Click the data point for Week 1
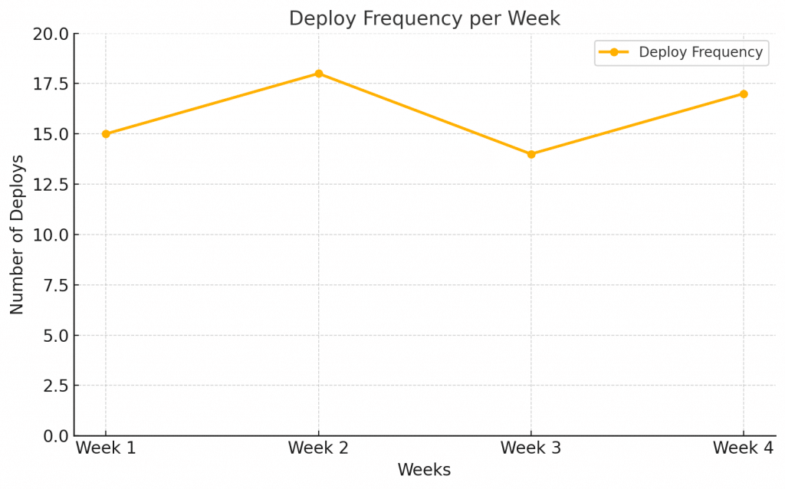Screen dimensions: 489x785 (x=106, y=134)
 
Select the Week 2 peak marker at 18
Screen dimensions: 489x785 (x=318, y=74)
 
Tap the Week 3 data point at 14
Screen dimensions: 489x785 (x=531, y=154)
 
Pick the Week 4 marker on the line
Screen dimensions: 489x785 (x=744, y=94)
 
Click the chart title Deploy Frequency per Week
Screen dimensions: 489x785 (x=424, y=18)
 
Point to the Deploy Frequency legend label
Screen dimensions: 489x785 (x=700, y=52)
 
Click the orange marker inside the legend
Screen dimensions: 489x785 (x=614, y=52)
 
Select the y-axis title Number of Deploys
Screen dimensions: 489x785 (x=17, y=235)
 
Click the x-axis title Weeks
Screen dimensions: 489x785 (x=424, y=470)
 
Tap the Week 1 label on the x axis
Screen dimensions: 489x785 (x=106, y=448)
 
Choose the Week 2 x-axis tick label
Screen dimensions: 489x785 (x=318, y=448)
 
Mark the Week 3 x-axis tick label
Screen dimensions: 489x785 (x=531, y=448)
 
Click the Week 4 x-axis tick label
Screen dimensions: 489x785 (x=744, y=448)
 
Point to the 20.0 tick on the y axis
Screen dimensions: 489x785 (x=51, y=34)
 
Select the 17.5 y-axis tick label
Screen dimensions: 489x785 (x=51, y=84)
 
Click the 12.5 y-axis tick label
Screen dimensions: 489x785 (x=51, y=185)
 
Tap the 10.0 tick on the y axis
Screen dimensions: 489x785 (x=51, y=235)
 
